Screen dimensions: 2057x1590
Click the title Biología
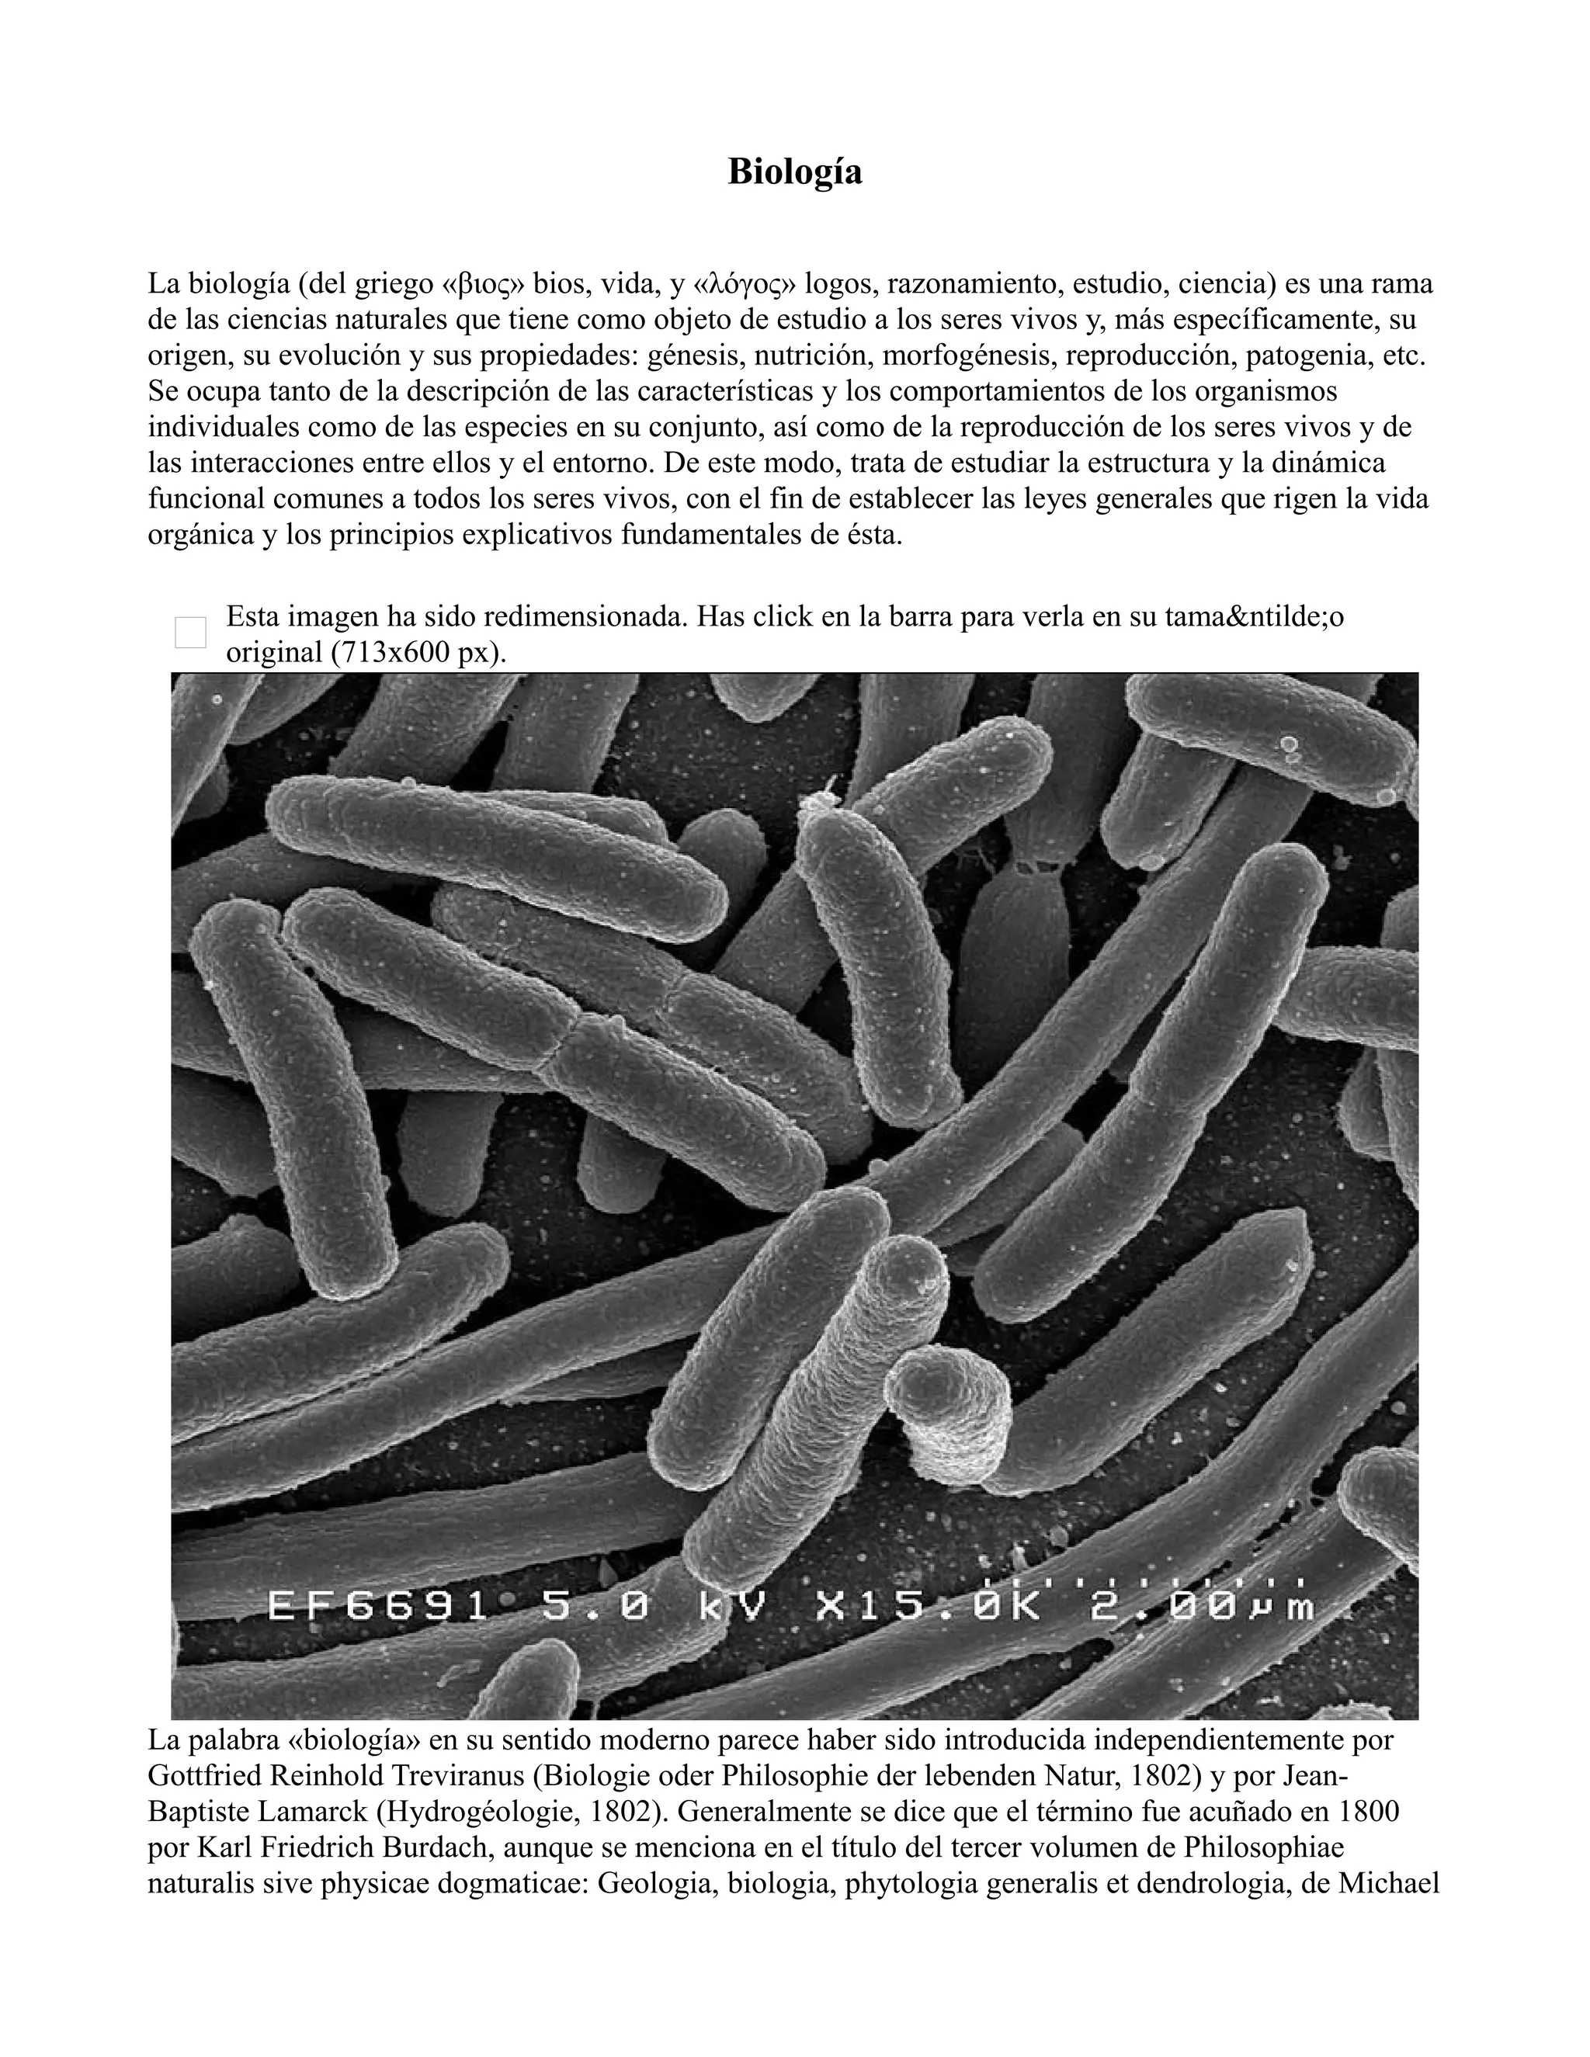[794, 172]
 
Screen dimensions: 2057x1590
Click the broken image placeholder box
[190, 632]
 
